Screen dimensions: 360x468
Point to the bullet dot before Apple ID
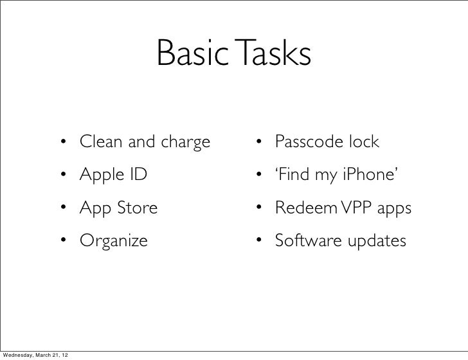coord(64,174)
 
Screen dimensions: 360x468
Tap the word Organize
coord(114,242)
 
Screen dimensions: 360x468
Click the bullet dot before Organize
coord(64,242)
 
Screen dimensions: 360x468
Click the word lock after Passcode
coord(364,141)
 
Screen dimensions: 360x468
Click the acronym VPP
coord(343,208)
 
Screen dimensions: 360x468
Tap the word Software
coord(301,241)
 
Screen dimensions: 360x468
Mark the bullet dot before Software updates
coord(258,242)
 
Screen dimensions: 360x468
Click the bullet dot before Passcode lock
coord(258,141)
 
